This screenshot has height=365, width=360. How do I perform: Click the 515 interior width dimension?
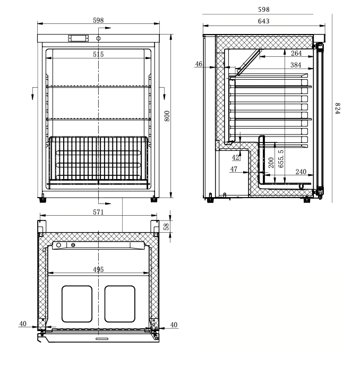click(98, 54)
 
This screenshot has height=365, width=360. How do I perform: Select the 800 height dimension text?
click(166, 116)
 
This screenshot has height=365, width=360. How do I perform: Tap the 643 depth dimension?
click(263, 21)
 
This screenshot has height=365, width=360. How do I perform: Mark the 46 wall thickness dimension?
click(199, 64)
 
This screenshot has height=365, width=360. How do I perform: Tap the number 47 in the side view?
click(234, 168)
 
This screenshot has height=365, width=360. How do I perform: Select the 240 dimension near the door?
click(301, 172)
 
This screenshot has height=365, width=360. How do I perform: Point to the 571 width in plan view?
click(98, 212)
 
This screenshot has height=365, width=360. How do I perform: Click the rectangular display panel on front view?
click(78, 38)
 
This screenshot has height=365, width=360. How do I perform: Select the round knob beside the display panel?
click(99, 38)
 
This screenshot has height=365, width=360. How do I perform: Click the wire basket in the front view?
click(98, 159)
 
